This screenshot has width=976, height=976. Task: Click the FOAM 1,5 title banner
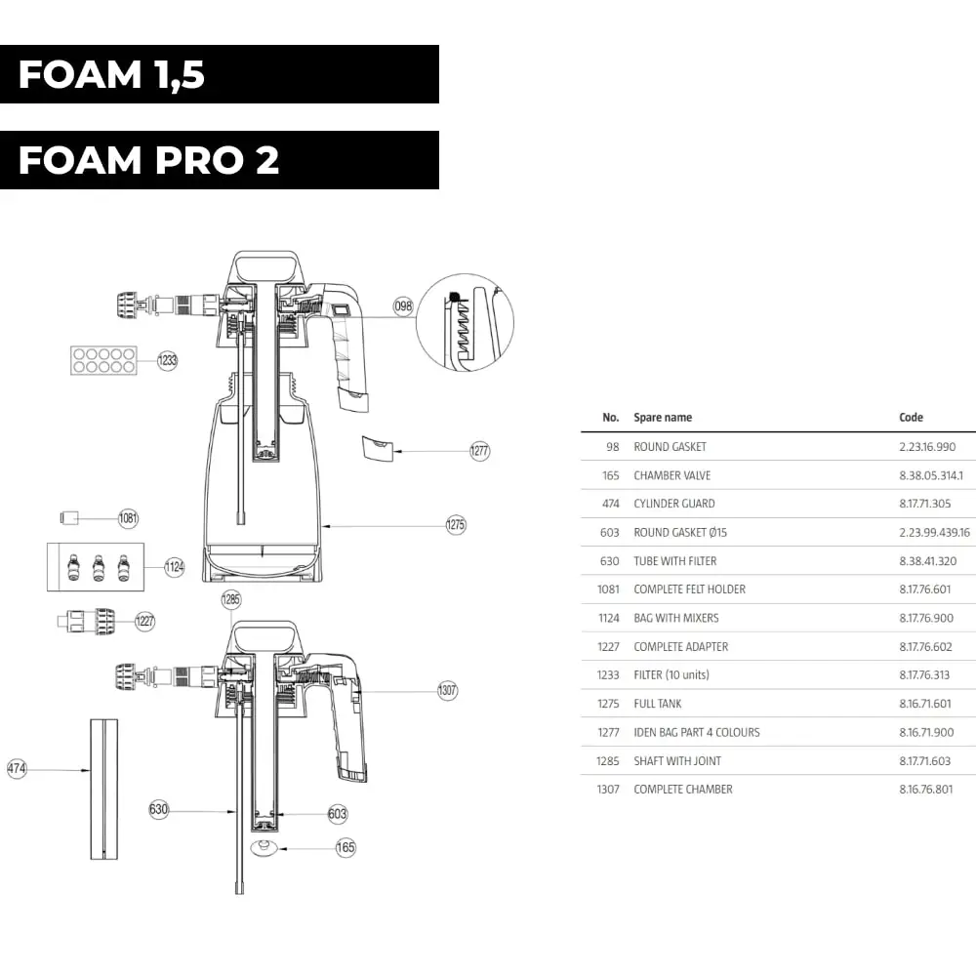pos(219,74)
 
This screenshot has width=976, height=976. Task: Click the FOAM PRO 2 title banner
pos(219,160)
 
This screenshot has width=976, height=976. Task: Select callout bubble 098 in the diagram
pos(403,306)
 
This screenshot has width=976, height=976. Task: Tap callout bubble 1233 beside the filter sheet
pos(169,360)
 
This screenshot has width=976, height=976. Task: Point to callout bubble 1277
pos(479,451)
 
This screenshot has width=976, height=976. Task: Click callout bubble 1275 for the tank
pos(456,525)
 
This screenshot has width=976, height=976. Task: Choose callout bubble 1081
pos(129,518)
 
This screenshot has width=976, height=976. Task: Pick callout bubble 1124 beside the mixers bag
pos(174,566)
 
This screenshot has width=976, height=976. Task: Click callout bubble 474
pos(18,769)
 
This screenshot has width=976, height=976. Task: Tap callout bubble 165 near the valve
pos(346,848)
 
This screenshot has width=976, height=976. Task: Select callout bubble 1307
pos(447,691)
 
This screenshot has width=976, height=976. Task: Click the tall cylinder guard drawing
pos(103,789)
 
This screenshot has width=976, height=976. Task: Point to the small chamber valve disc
pos(263,848)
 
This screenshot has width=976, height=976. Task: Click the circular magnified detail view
pos(465,323)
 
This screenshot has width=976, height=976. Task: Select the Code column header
pos(911,418)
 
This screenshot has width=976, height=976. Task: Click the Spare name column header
pos(663,418)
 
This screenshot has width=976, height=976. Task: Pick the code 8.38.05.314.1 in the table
pos(931,475)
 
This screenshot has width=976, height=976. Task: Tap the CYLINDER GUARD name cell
pos(674,504)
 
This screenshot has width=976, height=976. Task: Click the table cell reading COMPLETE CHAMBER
pos(683,790)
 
